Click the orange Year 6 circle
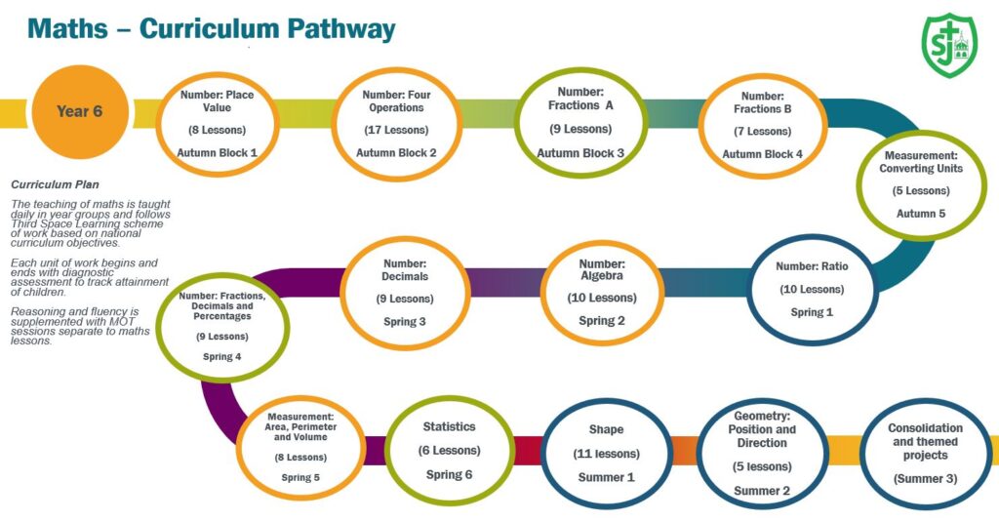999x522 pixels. click(x=80, y=111)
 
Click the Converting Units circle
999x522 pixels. click(x=921, y=184)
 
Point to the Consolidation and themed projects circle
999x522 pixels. click(x=925, y=453)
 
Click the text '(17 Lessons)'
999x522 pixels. click(x=396, y=130)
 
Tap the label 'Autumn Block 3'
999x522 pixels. click(x=580, y=153)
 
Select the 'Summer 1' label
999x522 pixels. click(x=606, y=477)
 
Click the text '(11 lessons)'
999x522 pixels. click(x=606, y=454)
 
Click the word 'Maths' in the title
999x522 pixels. click(x=67, y=29)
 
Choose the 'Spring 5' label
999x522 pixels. click(x=300, y=478)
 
